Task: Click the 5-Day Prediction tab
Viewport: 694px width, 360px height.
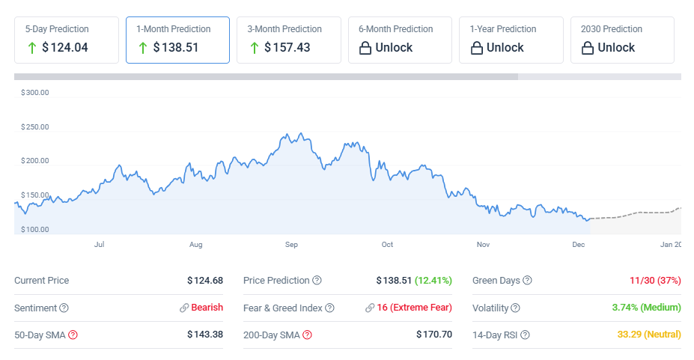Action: (x=67, y=40)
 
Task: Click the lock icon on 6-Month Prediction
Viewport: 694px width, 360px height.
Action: (x=365, y=48)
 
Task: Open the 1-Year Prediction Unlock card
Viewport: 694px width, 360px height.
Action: (x=511, y=40)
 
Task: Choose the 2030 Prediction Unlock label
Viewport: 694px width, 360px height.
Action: (x=616, y=48)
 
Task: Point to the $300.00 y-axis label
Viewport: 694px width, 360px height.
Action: (x=35, y=93)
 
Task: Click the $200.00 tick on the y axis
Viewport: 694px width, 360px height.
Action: (x=35, y=161)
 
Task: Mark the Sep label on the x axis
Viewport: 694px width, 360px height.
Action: (x=291, y=245)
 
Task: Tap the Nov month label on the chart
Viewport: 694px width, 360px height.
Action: (x=483, y=245)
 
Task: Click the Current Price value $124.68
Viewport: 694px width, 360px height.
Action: (x=205, y=281)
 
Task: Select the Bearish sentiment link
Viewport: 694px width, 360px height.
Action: (x=207, y=308)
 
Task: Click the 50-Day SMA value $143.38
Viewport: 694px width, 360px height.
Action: (x=205, y=335)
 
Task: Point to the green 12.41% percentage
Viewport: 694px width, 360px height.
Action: (x=433, y=281)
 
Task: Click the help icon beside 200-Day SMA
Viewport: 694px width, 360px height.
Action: (x=307, y=335)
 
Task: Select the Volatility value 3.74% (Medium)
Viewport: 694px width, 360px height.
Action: (x=645, y=308)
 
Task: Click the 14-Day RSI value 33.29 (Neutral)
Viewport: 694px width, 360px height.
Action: (x=649, y=335)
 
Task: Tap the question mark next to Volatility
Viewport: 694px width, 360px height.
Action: (x=515, y=308)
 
